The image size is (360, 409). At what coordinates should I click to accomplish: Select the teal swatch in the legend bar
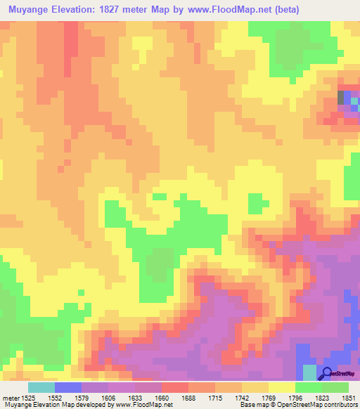[x=41, y=387]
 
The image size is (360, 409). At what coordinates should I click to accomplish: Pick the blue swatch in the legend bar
[x=67, y=387]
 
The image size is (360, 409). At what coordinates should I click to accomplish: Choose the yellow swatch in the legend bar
[x=281, y=387]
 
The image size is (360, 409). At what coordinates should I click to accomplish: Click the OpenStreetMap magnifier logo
[x=327, y=373]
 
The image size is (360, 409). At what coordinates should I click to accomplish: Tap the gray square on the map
[x=342, y=97]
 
